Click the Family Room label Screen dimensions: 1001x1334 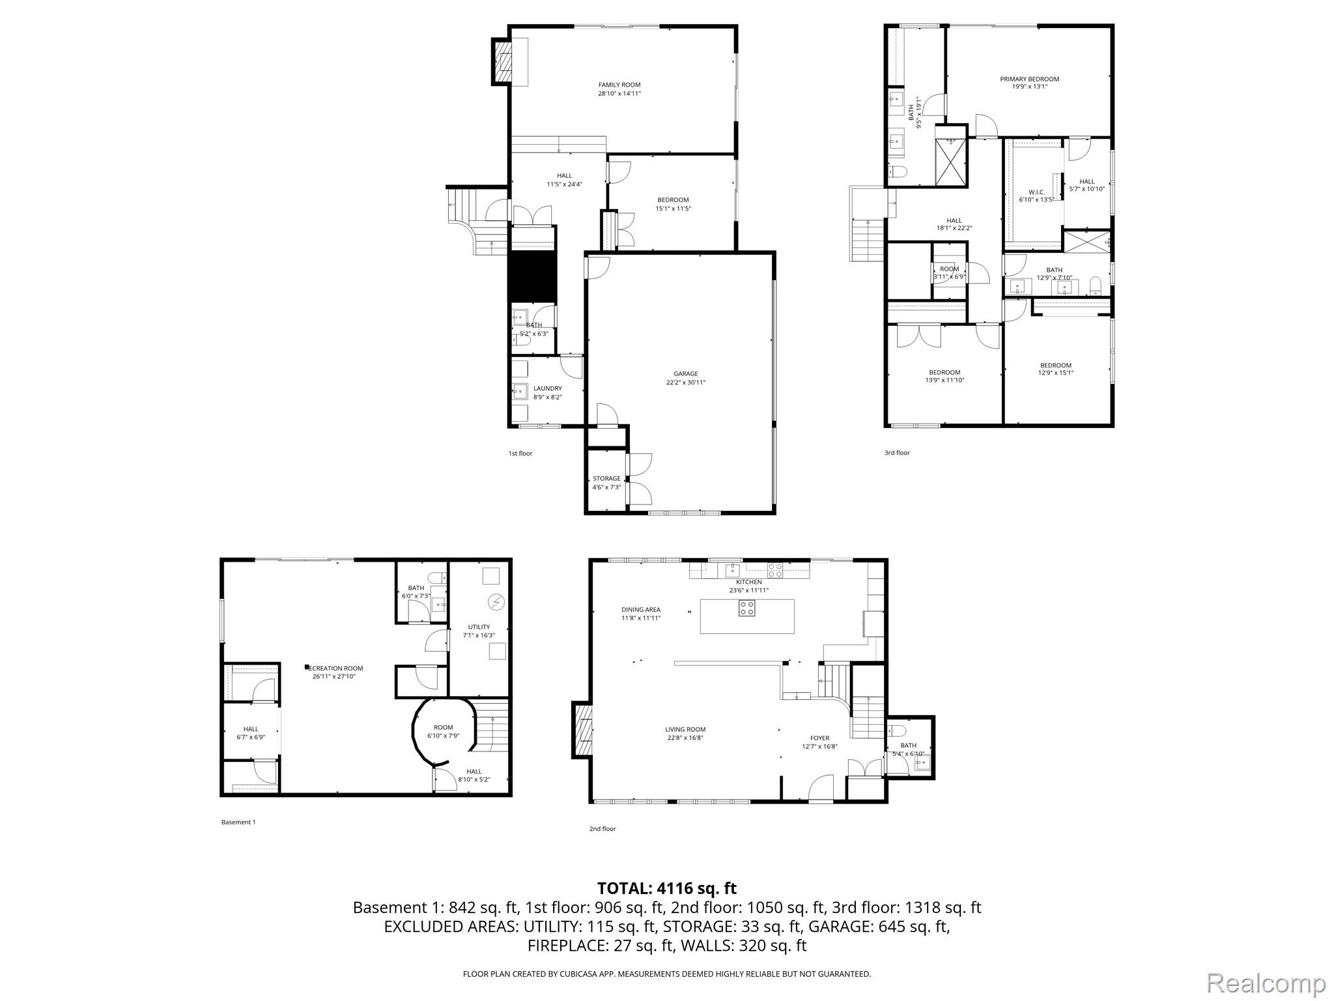619,85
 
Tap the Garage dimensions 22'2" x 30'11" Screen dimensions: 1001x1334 681,383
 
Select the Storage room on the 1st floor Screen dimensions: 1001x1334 606,482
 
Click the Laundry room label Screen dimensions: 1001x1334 547,388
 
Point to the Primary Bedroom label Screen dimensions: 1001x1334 1029,79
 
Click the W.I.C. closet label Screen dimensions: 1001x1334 1036,192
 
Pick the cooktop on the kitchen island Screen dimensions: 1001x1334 746,608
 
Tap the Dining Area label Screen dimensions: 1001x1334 640,610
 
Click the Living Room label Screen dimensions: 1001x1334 685,730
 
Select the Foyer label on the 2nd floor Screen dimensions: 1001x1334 819,738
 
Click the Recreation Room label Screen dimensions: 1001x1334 334,668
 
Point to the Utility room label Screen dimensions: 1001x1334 479,627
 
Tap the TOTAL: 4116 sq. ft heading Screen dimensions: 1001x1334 666,888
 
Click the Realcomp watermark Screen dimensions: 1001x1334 1266,982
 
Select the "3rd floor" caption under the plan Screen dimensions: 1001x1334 896,453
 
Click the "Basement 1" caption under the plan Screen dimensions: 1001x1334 238,822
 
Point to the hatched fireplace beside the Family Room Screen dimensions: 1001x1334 502,62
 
